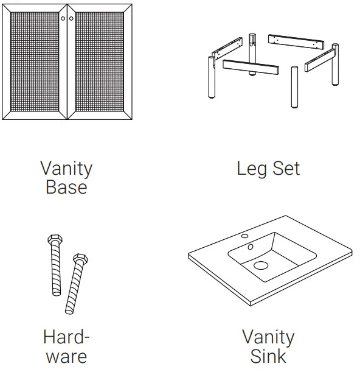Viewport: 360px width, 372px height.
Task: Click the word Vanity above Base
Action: pyautogui.click(x=66, y=168)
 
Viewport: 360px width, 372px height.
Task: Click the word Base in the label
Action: pyautogui.click(x=66, y=187)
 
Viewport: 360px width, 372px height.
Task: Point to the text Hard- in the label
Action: pyautogui.click(x=66, y=337)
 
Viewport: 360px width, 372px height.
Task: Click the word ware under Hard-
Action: pyautogui.click(x=66, y=356)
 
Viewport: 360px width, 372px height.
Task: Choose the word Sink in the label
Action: pyautogui.click(x=268, y=356)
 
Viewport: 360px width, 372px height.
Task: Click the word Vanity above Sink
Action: pyautogui.click(x=268, y=337)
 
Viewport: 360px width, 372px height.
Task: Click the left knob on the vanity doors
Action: pyautogui.click(x=63, y=19)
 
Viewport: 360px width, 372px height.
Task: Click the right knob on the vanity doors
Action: pyautogui.click(x=71, y=19)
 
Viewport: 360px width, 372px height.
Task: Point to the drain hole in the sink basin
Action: pyautogui.click(x=261, y=265)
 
